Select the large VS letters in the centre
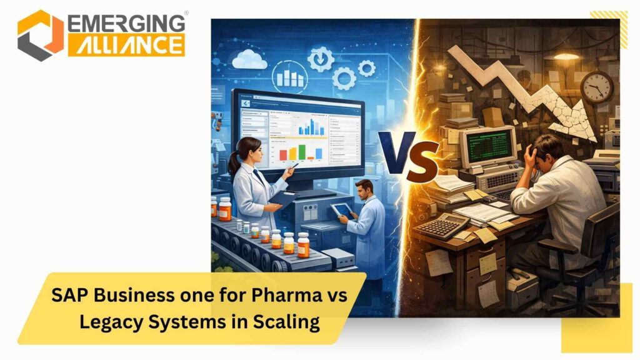click(x=409, y=156)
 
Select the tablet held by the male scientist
click(x=339, y=211)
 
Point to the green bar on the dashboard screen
click(x=302, y=152)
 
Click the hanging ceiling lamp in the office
click(x=565, y=57)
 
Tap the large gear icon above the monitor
click(x=344, y=78)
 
